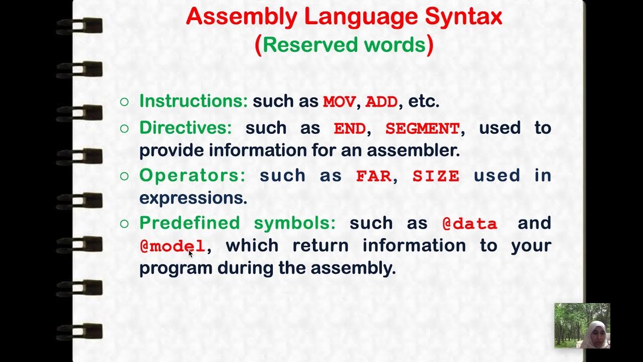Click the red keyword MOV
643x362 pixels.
pos(339,102)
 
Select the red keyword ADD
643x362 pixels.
pos(381,102)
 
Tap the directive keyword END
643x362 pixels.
pos(350,128)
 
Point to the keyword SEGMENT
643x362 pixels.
pos(422,128)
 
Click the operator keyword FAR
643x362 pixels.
pos(373,176)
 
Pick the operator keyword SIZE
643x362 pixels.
pos(436,176)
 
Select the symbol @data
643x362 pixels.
pos(470,224)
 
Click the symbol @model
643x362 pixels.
pos(172,246)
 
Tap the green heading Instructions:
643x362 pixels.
pos(193,101)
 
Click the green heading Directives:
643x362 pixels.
pos(185,128)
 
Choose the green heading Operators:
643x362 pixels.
pos(192,175)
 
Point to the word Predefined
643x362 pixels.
pos(189,223)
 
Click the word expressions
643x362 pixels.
pos(193,198)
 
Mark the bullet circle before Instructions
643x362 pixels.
pos(125,102)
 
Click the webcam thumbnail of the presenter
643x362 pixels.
pos(582,326)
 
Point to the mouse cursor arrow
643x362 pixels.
pos(190,253)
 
